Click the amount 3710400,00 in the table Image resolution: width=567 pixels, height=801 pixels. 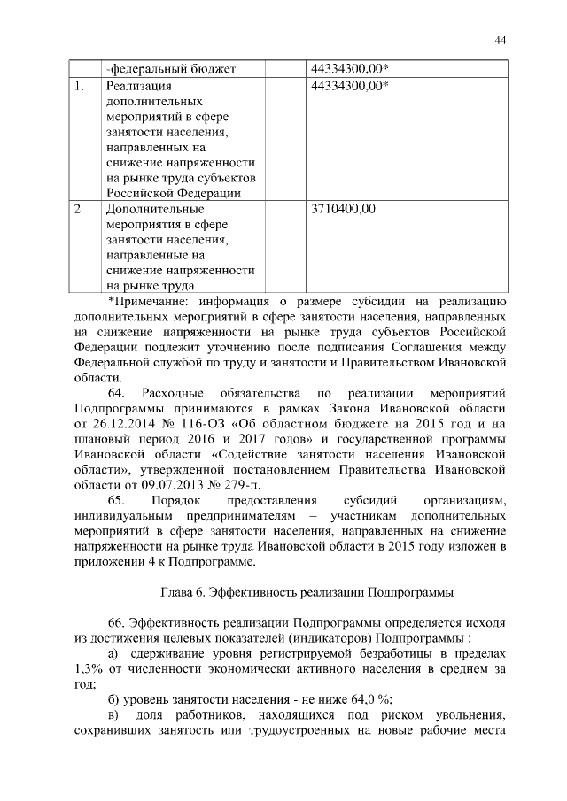pyautogui.click(x=344, y=209)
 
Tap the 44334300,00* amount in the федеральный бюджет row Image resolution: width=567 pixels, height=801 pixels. pyautogui.click(x=352, y=68)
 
